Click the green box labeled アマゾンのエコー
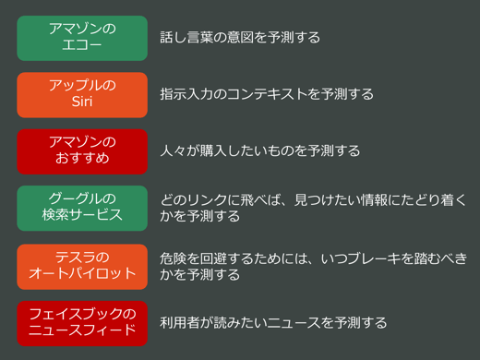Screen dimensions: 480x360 (x=82, y=38)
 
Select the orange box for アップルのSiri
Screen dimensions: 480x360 (x=82, y=94)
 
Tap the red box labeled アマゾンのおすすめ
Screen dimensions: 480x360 (x=82, y=150)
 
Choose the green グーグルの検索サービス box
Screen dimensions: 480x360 (x=82, y=208)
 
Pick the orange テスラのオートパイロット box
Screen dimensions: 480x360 (x=82, y=266)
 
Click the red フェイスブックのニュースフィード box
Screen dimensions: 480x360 (x=82, y=322)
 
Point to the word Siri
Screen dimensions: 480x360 (x=82, y=102)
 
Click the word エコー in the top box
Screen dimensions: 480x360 (x=82, y=46)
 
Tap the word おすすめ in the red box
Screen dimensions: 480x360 (x=82, y=159)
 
